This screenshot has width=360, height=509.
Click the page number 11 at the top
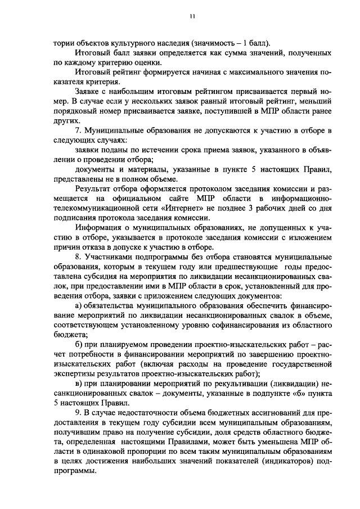(192, 17)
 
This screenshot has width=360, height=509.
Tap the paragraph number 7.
(78, 131)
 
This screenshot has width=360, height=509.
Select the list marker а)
(79, 307)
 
